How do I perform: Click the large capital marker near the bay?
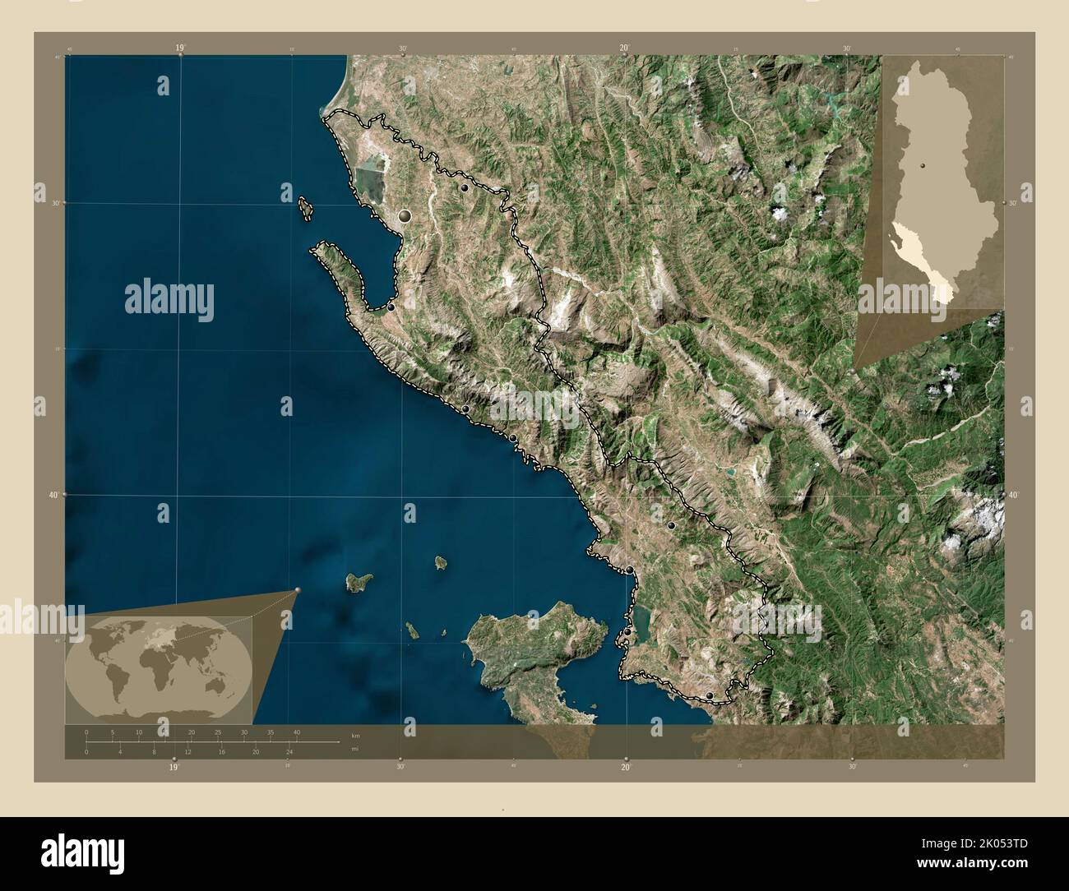click(x=405, y=217)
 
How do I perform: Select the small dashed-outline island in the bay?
click(x=307, y=208)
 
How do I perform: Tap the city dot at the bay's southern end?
click(x=391, y=307)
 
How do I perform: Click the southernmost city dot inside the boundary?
click(x=710, y=696)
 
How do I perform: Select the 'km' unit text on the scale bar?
click(x=355, y=734)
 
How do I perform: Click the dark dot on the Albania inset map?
click(x=923, y=166)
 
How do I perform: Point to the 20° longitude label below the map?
click(x=626, y=767)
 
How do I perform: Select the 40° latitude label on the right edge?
click(x=1013, y=495)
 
